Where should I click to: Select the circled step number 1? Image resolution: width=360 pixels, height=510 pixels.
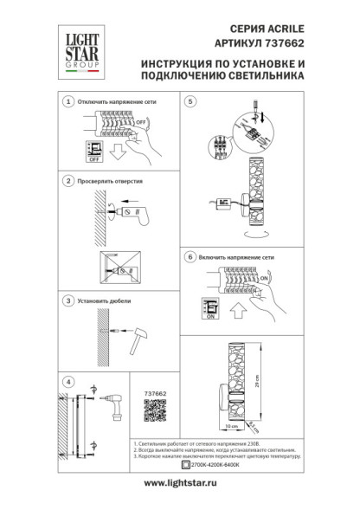[68, 102]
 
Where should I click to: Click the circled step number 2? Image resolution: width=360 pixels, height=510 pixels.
[68, 182]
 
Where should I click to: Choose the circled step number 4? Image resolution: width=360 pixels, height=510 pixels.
[68, 381]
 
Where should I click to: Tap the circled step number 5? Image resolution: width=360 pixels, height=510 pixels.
[190, 102]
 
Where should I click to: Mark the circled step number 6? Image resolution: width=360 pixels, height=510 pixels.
[190, 258]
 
